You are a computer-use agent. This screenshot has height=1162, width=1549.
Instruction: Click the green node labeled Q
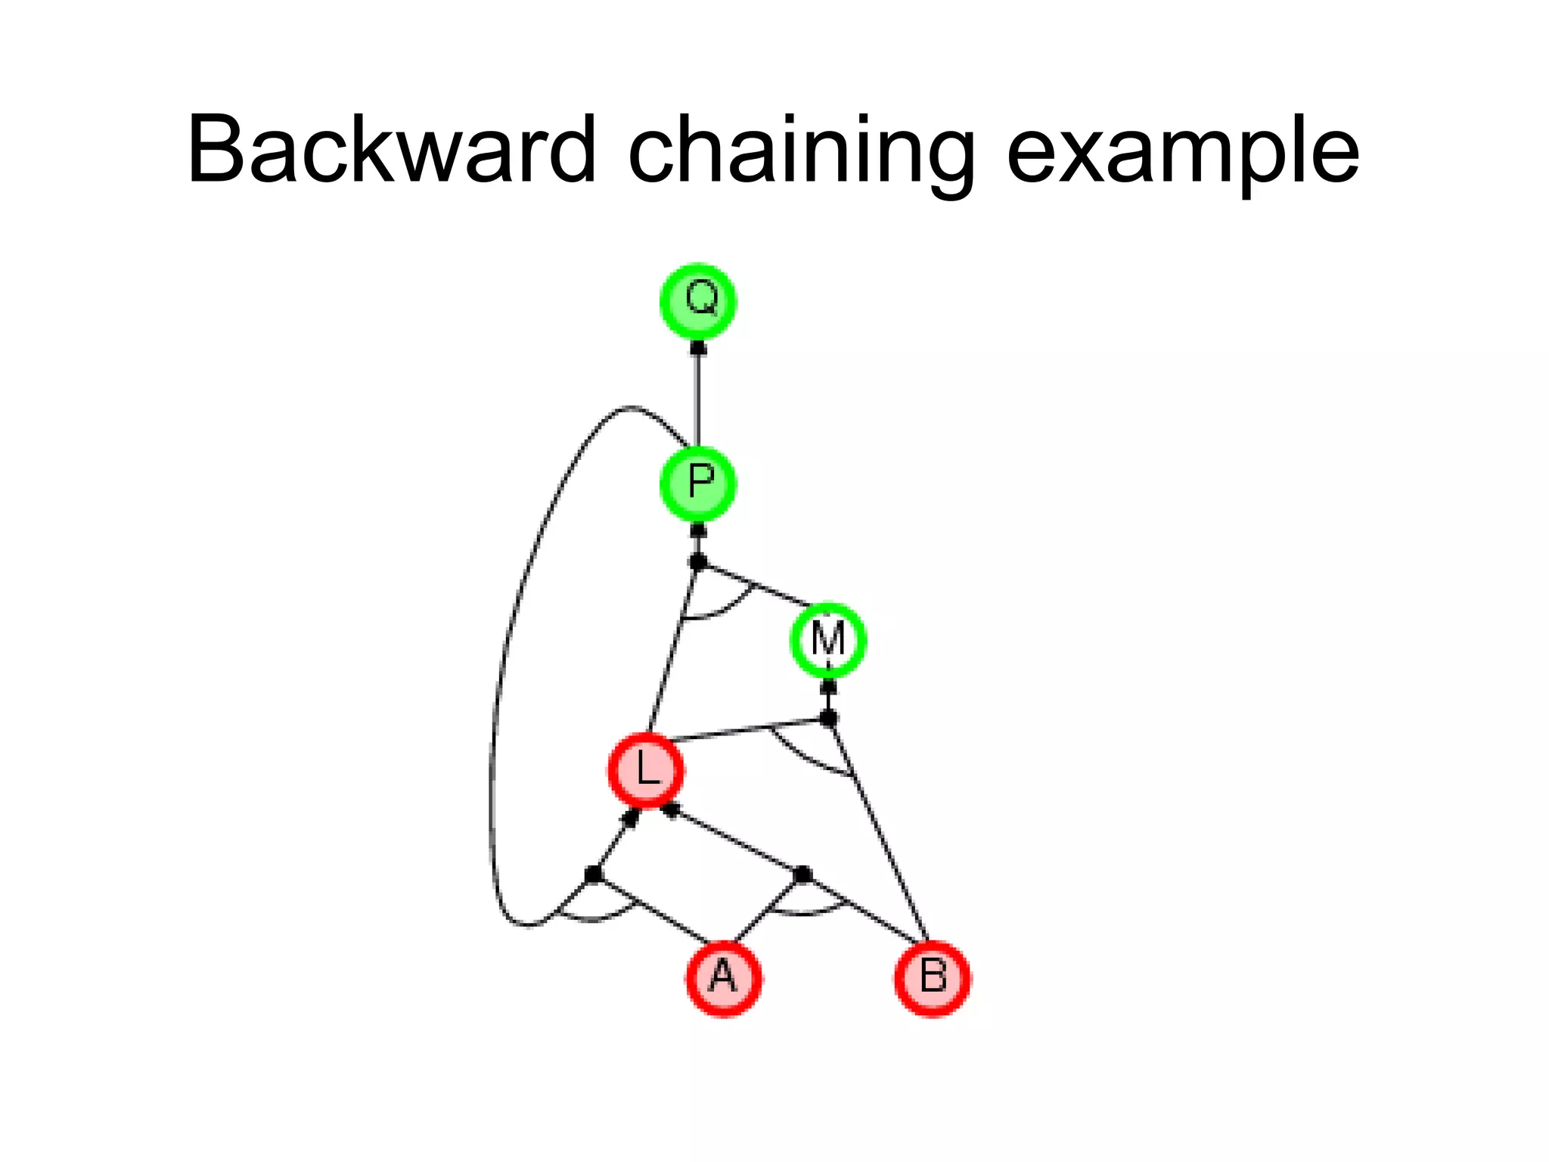[x=698, y=301]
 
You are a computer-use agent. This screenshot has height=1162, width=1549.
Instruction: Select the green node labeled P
[x=698, y=483]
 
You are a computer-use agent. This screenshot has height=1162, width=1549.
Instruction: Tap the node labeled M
[x=828, y=640]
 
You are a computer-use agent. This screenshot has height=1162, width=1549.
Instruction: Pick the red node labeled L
[x=647, y=770]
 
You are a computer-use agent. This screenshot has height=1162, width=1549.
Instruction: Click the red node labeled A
[x=724, y=978]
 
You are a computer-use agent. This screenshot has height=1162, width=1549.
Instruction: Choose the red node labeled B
[x=933, y=978]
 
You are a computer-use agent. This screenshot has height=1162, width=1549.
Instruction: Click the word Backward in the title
[x=392, y=149]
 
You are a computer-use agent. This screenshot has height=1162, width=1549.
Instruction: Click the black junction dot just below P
[x=698, y=562]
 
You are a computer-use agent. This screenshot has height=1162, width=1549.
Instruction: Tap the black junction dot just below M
[x=829, y=718]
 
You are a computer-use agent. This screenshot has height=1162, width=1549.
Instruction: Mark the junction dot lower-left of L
[x=594, y=875]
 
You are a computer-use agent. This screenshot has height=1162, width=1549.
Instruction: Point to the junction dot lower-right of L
[x=803, y=875]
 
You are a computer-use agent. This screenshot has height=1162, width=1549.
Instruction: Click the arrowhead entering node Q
[x=698, y=349]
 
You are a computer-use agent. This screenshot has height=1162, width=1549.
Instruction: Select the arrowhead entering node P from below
[x=698, y=530]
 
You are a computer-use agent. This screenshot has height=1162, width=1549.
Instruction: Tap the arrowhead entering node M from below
[x=829, y=687]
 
